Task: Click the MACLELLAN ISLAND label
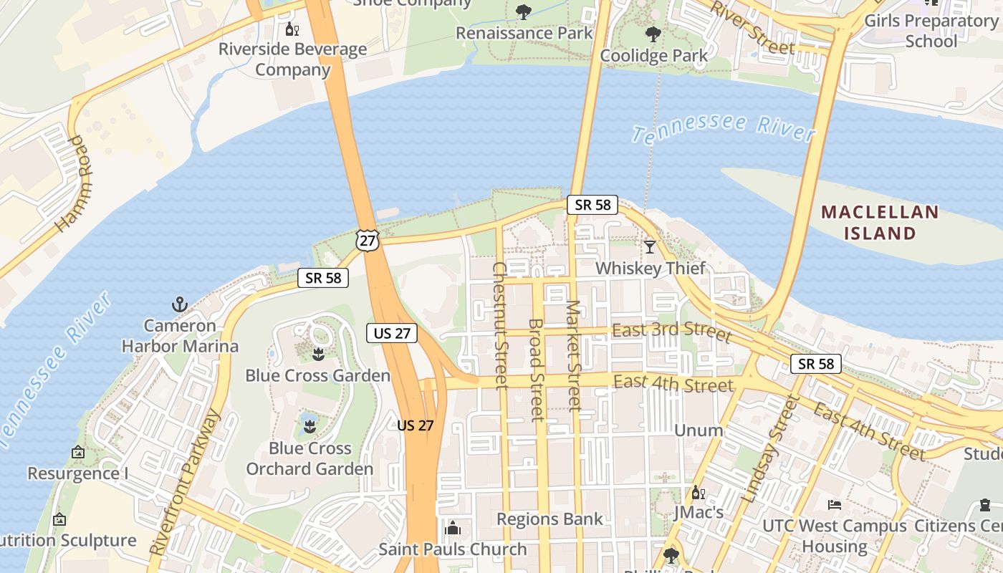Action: click(x=879, y=222)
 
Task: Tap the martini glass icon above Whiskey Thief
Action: click(x=650, y=247)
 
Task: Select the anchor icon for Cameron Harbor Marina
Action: click(x=179, y=304)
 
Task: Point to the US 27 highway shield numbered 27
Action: click(x=368, y=240)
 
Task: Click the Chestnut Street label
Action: click(x=500, y=325)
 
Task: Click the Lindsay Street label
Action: click(x=770, y=448)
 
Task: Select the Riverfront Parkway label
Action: click(x=184, y=481)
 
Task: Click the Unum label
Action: click(x=699, y=430)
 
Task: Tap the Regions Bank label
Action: click(x=550, y=519)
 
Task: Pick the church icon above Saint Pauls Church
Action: click(x=452, y=529)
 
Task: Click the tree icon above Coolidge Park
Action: click(x=653, y=34)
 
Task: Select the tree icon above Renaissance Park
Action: click(x=524, y=11)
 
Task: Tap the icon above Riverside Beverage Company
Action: click(x=292, y=29)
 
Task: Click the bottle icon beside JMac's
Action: click(x=698, y=492)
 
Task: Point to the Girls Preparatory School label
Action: click(x=931, y=30)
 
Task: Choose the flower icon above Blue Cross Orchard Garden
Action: click(x=309, y=427)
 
